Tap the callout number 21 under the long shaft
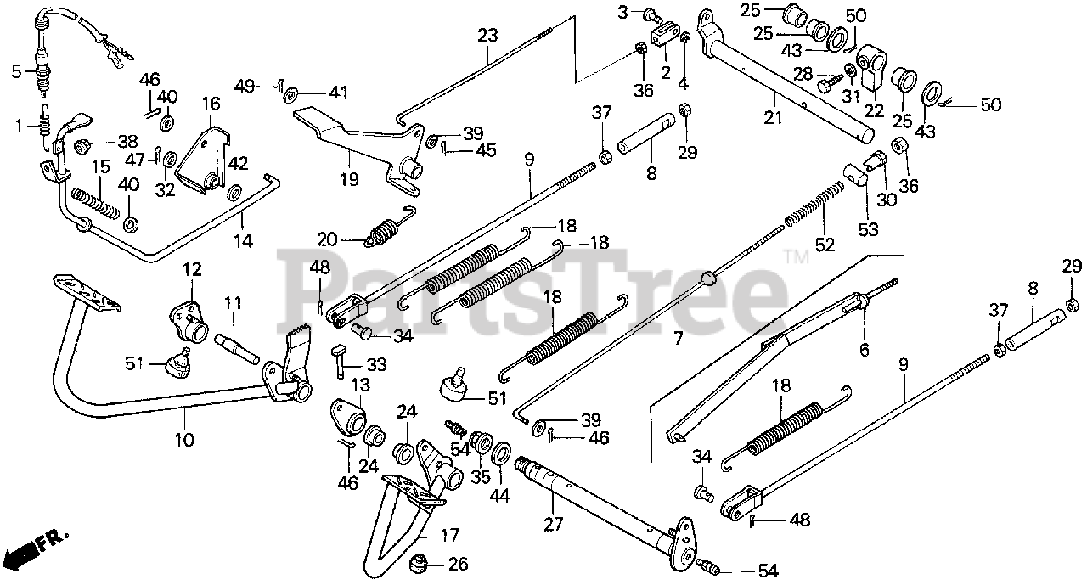click(772, 118)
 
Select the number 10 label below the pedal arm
click(184, 440)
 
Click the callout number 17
click(448, 536)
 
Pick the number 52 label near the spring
click(825, 245)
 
